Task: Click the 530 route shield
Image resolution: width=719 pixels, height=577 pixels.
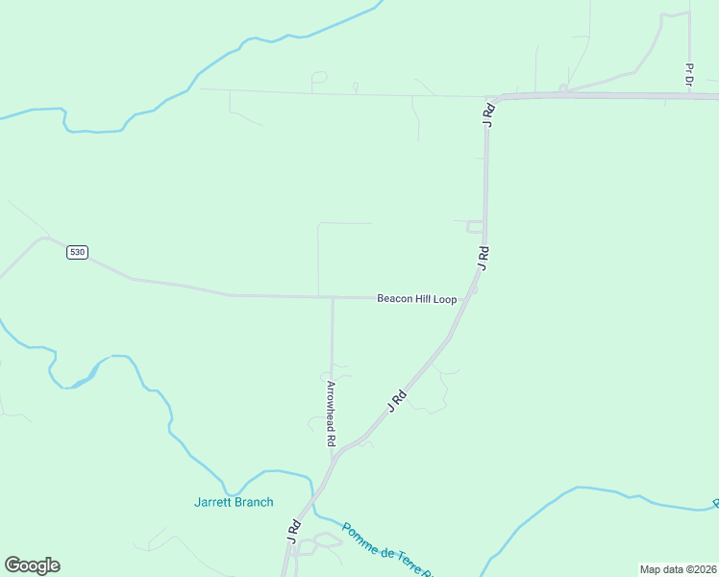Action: [x=77, y=252]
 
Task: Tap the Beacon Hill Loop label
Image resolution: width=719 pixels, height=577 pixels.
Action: [x=416, y=299]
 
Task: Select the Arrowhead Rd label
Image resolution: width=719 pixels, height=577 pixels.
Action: [x=330, y=413]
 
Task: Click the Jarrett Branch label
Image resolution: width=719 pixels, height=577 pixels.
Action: [x=234, y=502]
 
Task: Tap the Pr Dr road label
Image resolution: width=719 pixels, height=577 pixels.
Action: [x=689, y=75]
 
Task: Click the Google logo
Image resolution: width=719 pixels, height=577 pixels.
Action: [x=32, y=565]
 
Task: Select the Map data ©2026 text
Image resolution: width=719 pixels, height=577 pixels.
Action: [x=678, y=569]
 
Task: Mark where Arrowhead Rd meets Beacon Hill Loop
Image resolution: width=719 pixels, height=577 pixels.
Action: [x=333, y=297]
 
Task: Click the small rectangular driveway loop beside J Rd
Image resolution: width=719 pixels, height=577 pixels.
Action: [x=474, y=227]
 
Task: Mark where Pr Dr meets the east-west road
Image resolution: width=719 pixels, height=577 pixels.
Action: [x=690, y=95]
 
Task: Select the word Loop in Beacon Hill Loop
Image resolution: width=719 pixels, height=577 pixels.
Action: [x=444, y=299]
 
